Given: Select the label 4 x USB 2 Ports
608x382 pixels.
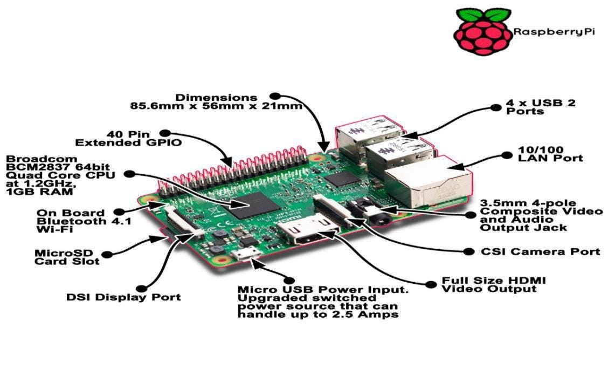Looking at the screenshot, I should pyautogui.click(x=540, y=107).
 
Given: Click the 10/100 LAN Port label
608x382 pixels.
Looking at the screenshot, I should pyautogui.click(x=550, y=154).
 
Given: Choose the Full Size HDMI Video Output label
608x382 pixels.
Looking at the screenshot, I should pyautogui.click(x=494, y=284).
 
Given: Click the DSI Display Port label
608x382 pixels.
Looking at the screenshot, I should pyautogui.click(x=123, y=297).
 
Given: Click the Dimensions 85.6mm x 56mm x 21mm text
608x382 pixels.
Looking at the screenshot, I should pyautogui.click(x=216, y=101).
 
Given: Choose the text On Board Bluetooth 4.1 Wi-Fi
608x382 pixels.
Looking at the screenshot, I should pyautogui.click(x=83, y=221).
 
